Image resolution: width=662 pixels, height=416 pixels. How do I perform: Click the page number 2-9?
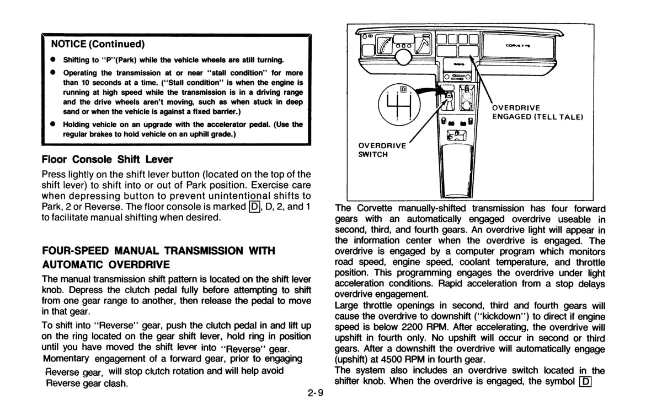point(316,393)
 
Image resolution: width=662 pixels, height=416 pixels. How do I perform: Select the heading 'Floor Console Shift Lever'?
point(108,159)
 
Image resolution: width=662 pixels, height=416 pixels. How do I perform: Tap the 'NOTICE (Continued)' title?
point(98,43)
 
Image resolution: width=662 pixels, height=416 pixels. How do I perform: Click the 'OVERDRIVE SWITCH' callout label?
point(382,150)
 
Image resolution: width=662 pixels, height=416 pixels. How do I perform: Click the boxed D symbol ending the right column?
point(586,381)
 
